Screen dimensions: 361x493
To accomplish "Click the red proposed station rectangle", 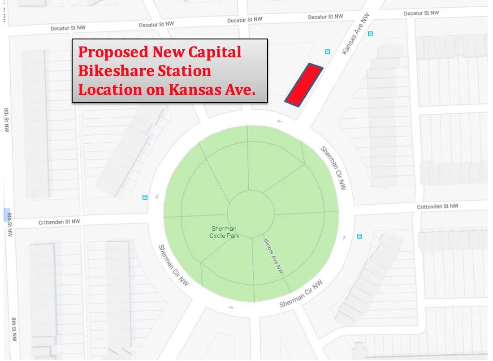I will tap(304, 85).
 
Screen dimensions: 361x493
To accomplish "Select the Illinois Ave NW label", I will tap(273, 256).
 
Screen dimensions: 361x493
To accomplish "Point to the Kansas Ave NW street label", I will tap(351, 40).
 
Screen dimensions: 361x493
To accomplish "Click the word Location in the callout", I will tap(110, 90).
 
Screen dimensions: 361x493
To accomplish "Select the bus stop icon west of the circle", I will tap(145, 197).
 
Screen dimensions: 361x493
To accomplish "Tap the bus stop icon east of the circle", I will tap(359, 236).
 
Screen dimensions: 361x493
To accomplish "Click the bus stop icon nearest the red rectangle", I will tap(328, 52).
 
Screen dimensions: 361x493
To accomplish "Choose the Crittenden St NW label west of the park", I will tap(59, 222).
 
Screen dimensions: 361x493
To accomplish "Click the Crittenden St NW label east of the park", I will tap(437, 206).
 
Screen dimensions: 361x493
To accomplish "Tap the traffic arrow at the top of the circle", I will tap(280, 121).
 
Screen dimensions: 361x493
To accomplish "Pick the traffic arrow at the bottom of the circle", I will tap(231, 307).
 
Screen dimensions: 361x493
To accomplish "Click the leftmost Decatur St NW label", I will tap(68, 28).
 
